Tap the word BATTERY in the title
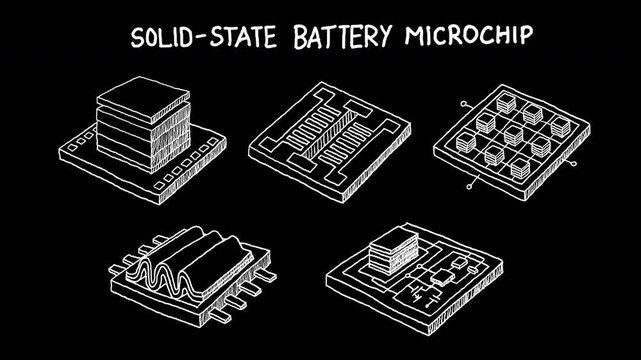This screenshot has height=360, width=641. pyautogui.click(x=345, y=37)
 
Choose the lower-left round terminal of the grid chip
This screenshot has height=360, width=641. pyautogui.click(x=471, y=186)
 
